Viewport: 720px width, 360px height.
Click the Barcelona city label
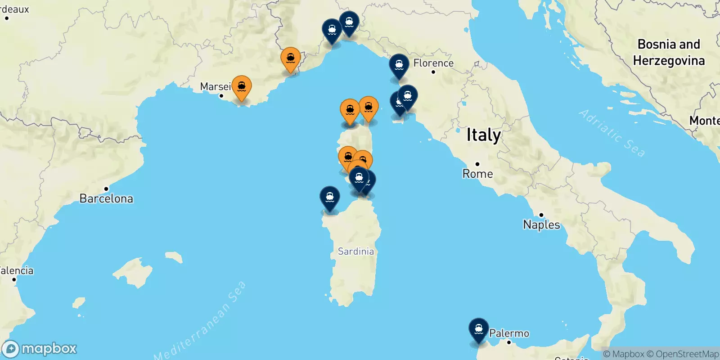pos(106,198)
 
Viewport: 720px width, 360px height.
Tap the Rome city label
pos(477,174)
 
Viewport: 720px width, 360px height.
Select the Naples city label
pos(541,225)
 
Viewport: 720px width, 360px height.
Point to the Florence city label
pos(433,63)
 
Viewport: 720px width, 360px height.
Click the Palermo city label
pos(509,333)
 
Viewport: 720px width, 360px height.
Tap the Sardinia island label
pos(355,251)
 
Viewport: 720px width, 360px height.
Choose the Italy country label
pos(483,135)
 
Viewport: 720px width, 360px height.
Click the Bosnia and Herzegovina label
pos(669,52)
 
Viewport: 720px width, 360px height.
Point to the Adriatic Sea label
pos(612,132)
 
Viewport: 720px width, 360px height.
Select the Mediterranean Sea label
pos(200,321)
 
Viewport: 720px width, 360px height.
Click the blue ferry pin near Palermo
pos(478,329)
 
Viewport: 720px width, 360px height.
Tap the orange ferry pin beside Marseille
pos(242,87)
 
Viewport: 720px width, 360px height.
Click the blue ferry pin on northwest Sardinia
pos(330,198)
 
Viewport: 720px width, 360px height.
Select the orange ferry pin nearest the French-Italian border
pos(290,59)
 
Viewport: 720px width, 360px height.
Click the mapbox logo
pos(40,349)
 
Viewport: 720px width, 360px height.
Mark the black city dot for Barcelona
pos(106,189)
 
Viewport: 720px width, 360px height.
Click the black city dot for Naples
pos(541,215)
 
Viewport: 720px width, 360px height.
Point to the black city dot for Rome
pos(477,164)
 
